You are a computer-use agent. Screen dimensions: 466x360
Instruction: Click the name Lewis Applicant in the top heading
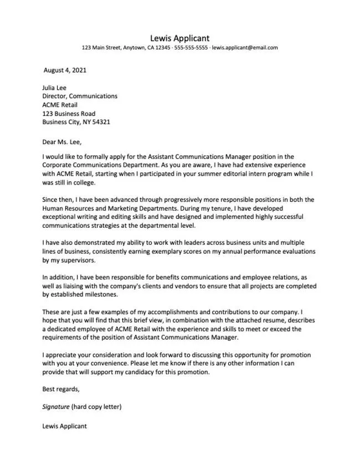point(179,38)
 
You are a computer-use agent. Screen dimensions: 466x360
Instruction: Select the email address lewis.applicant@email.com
point(244,48)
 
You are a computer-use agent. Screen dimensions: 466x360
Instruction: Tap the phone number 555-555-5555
point(191,48)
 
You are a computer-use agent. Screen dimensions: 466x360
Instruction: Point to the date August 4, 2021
point(65,71)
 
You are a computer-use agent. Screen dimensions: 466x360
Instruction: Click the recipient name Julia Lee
point(55,87)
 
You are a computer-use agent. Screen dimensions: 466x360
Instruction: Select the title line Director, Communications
point(80,96)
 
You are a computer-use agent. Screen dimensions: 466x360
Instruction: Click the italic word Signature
point(56,407)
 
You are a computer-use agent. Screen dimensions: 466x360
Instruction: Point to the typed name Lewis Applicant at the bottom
point(64,427)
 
